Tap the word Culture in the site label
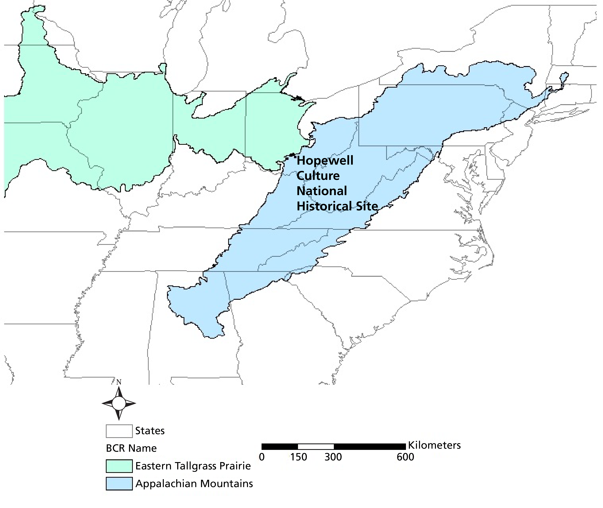318,176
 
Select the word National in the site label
322,191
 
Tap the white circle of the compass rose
119,403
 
